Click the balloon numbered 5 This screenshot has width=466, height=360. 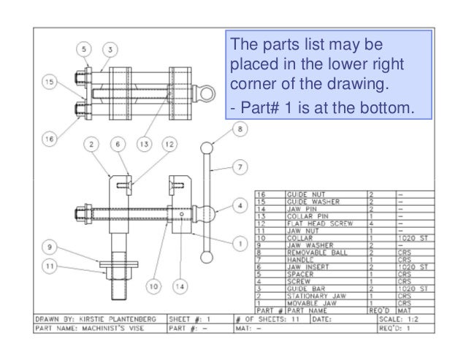84,49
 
